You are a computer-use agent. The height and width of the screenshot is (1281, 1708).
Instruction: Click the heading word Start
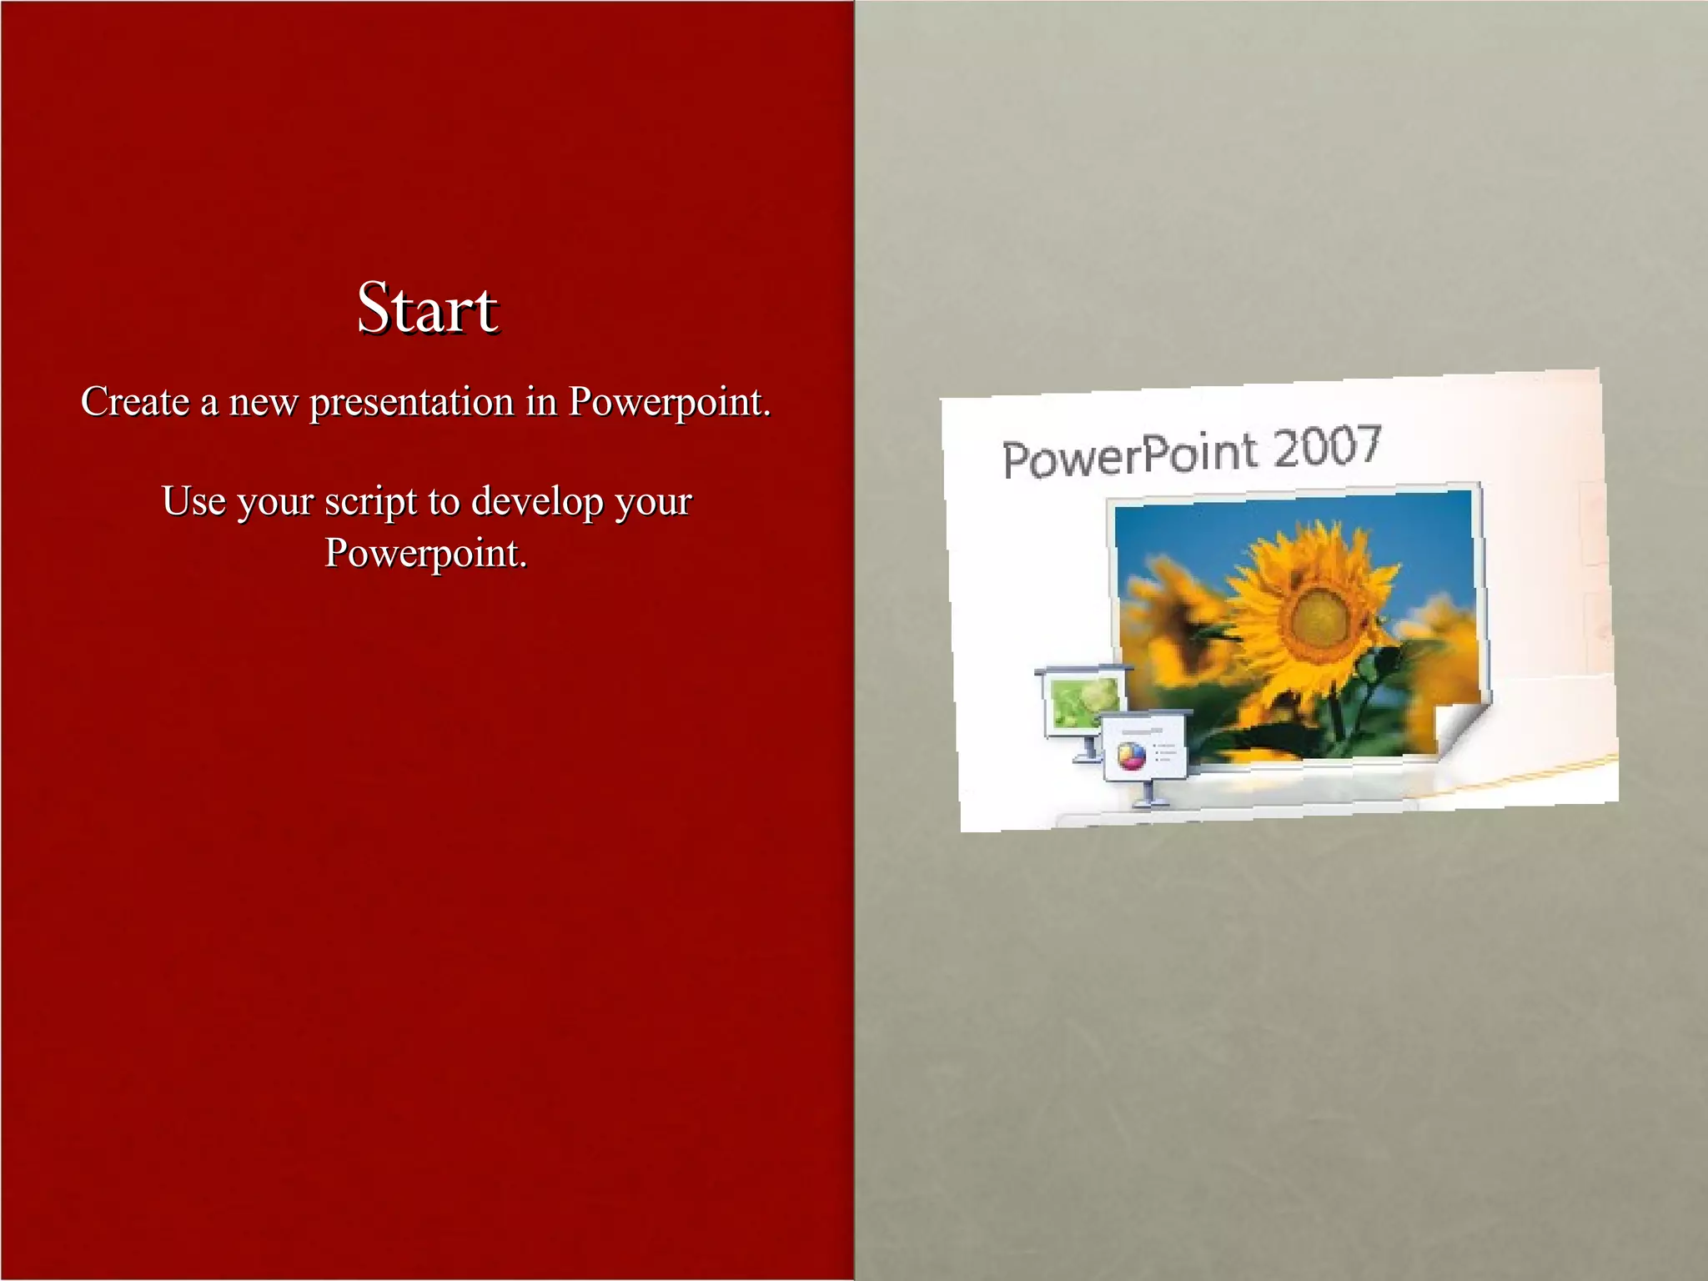[x=428, y=308]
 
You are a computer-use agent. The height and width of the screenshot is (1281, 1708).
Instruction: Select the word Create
[x=135, y=402]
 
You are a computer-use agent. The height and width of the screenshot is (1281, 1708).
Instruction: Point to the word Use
[x=193, y=501]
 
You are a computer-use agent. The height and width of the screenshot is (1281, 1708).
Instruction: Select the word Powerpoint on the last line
[x=424, y=553]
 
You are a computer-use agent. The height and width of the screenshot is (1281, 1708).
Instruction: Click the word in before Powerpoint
[x=541, y=402]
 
